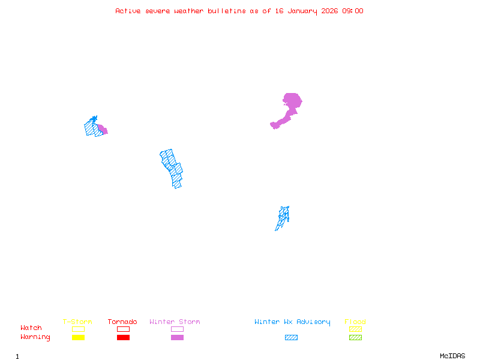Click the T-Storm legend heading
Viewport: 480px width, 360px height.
pyautogui.click(x=77, y=322)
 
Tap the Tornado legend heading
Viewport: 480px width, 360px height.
pyautogui.click(x=122, y=322)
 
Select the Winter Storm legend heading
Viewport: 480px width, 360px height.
pyautogui.click(x=175, y=322)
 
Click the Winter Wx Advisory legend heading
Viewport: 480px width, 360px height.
pyautogui.click(x=292, y=322)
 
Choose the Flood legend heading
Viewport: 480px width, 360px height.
pyautogui.click(x=355, y=322)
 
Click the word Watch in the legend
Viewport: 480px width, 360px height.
pyautogui.click(x=31, y=328)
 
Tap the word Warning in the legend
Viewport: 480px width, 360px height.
pyautogui.click(x=35, y=337)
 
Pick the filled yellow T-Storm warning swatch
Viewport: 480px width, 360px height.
pyautogui.click(x=78, y=338)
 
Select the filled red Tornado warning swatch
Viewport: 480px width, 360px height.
pyautogui.click(x=123, y=338)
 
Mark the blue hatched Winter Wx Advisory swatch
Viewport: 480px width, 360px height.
pyautogui.click(x=291, y=338)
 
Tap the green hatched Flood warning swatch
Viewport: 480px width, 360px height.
pyautogui.click(x=355, y=338)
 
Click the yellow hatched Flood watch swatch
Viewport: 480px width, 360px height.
pyautogui.click(x=355, y=329)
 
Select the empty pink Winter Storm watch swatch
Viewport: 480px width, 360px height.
pyautogui.click(x=177, y=329)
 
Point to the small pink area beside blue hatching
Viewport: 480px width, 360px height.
pyautogui.click(x=102, y=128)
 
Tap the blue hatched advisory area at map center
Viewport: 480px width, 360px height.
pyautogui.click(x=172, y=168)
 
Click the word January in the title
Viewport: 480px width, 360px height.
pyautogui.click(x=301, y=11)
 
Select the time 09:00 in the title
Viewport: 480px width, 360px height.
pyautogui.click(x=353, y=11)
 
